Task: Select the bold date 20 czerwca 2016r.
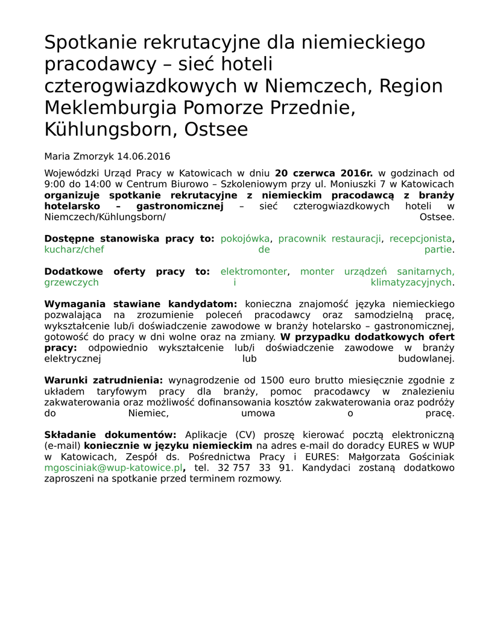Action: tap(324, 173)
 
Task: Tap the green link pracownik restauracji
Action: tap(329, 239)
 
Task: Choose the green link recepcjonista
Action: tap(420, 239)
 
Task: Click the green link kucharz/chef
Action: tap(74, 249)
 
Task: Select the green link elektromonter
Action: tap(253, 272)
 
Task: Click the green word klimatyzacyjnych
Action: tap(411, 283)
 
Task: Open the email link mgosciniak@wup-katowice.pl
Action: tap(113, 468)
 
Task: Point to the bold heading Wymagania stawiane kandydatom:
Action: tap(141, 304)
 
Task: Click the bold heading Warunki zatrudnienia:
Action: tap(103, 380)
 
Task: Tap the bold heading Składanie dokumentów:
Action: tap(110, 435)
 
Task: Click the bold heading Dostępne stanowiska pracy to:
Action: tap(129, 239)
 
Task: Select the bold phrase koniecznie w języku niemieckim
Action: tap(168, 446)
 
